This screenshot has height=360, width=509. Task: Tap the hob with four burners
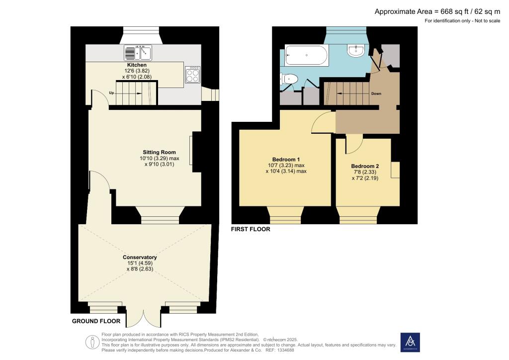click(x=192, y=75)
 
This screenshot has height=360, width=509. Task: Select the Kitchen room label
click(x=137, y=65)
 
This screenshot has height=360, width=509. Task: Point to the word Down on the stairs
click(x=376, y=93)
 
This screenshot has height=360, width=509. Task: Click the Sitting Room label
click(x=159, y=152)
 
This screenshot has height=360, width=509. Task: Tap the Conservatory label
click(x=140, y=257)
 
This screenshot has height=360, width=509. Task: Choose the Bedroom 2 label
click(x=365, y=166)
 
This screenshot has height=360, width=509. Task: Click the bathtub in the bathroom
click(x=307, y=55)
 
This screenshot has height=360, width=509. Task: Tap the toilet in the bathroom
click(x=289, y=79)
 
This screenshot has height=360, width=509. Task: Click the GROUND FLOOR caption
click(x=96, y=321)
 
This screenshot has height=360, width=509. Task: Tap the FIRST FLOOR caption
click(x=251, y=230)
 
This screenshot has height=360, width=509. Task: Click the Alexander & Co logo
click(x=410, y=342)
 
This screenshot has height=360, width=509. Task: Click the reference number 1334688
click(x=285, y=350)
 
